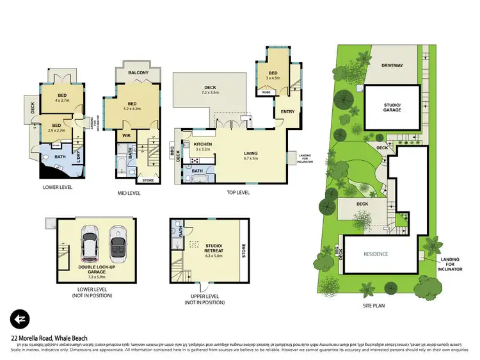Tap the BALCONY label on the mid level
pos(138,73)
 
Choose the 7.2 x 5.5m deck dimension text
pos(211,93)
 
